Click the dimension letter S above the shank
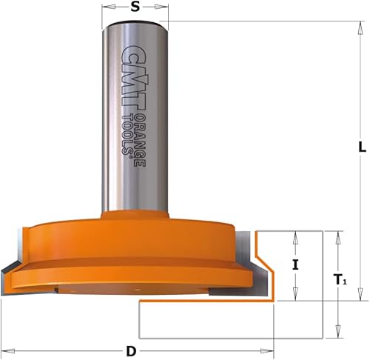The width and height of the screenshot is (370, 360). pos(135,7)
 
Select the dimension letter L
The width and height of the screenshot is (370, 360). pos(362,147)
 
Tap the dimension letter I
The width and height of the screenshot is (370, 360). pos(295,265)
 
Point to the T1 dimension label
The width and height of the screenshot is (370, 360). pos(340,279)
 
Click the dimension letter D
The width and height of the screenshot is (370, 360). pos(131,351)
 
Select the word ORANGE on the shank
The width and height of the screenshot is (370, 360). pos(141,140)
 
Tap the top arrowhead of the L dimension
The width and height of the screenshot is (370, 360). pos(361,28)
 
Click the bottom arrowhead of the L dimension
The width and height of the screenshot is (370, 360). pos(361,294)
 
